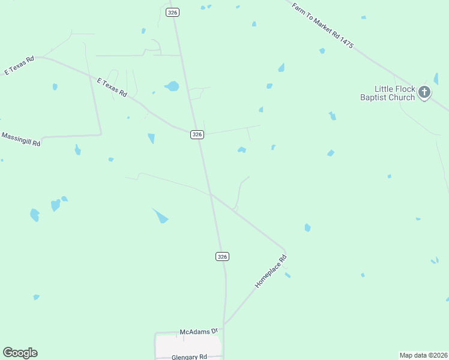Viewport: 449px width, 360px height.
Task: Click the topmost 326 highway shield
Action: [173, 12]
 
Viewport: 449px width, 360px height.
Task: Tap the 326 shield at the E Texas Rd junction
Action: [197, 134]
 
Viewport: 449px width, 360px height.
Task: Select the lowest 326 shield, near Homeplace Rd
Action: [222, 256]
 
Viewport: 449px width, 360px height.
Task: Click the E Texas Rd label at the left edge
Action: [19, 65]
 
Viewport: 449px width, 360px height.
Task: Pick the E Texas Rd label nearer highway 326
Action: [112, 86]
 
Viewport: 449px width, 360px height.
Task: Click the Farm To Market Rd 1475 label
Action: [322, 25]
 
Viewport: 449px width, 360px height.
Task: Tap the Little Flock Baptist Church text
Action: [388, 93]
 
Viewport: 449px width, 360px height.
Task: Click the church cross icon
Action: [424, 92]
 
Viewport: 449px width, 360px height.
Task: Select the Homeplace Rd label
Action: [271, 272]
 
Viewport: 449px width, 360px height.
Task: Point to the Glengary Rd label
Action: [188, 356]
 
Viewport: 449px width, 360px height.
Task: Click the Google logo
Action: [20, 353]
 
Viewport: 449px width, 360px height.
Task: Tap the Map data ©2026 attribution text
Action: [423, 355]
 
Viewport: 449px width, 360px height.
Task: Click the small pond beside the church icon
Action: [436, 79]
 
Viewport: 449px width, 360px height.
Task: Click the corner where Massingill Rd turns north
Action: [100, 134]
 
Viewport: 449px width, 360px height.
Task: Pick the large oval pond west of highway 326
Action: [172, 86]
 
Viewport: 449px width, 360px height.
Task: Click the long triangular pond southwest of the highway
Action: [160, 215]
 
